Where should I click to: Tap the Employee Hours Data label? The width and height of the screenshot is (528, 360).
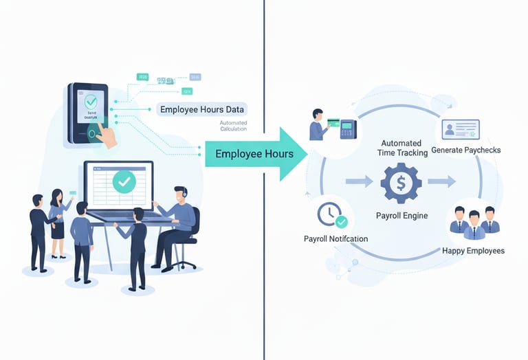click(x=201, y=109)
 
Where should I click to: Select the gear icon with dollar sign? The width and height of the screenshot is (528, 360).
click(x=400, y=182)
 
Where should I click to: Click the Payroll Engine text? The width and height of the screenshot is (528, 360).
click(x=401, y=216)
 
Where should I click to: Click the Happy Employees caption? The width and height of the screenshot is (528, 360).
click(x=473, y=251)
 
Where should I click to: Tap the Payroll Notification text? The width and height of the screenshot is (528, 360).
click(x=335, y=238)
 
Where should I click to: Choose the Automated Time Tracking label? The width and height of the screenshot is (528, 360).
click(x=403, y=148)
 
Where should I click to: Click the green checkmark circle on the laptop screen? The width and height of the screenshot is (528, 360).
click(x=124, y=181)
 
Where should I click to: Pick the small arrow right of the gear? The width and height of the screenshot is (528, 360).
click(x=442, y=182)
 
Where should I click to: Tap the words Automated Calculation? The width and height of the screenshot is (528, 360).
click(x=237, y=126)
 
